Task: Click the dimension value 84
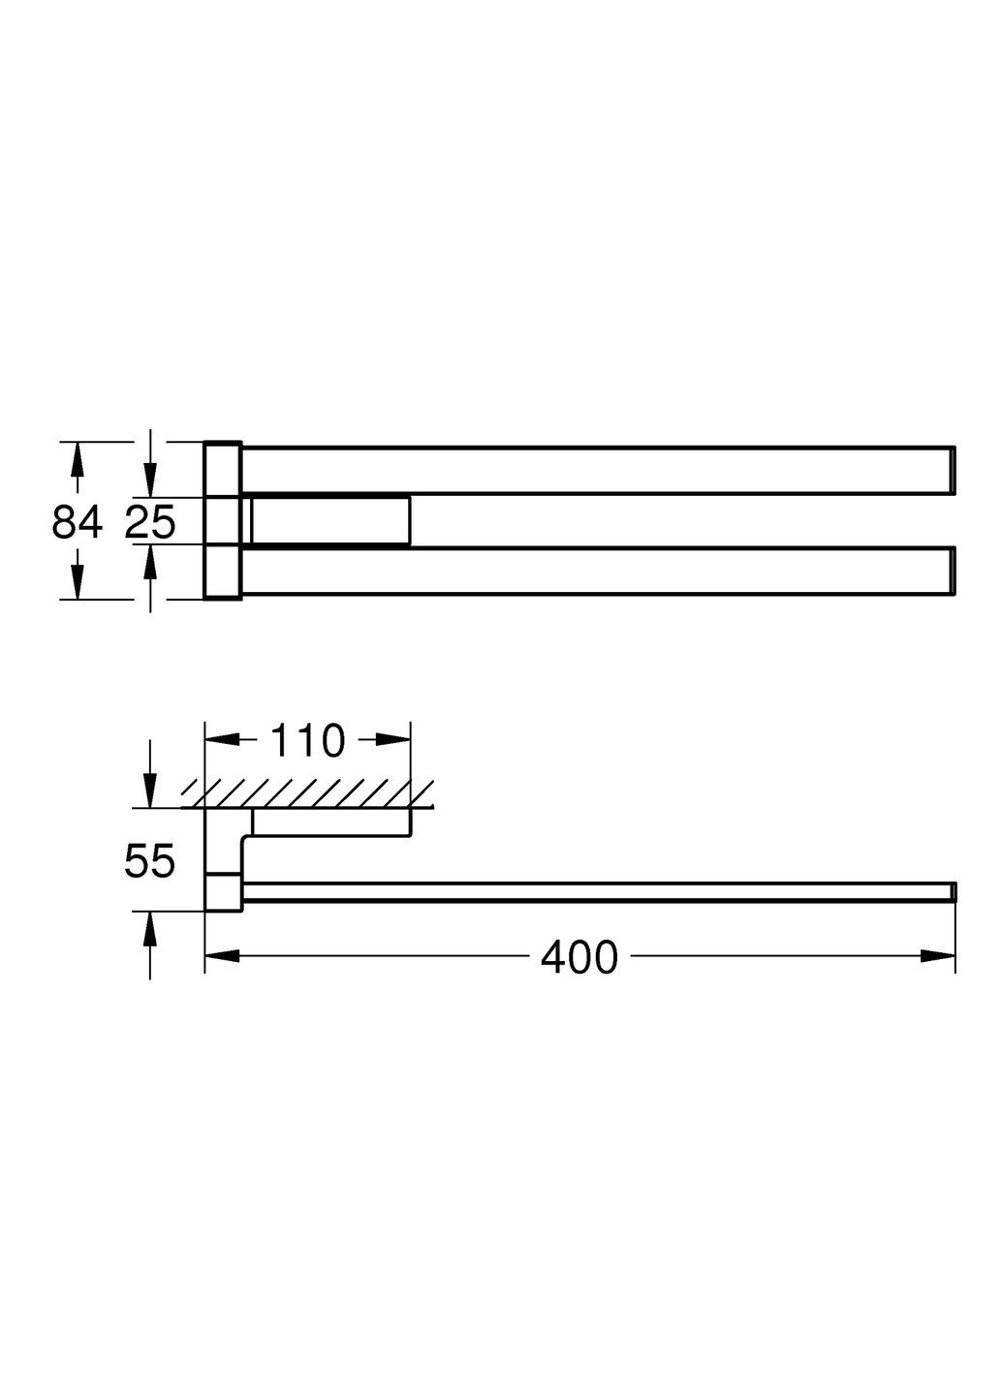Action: click(x=77, y=523)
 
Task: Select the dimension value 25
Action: click(x=150, y=523)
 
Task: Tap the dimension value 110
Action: click(x=306, y=741)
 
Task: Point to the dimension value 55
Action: click(x=150, y=860)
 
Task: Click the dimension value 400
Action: click(x=579, y=957)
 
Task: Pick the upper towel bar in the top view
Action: click(x=596, y=471)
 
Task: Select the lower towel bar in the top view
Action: click(x=596, y=572)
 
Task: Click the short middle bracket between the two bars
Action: click(x=329, y=521)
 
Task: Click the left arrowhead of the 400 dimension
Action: click(x=221, y=956)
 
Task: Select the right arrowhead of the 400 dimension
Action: click(x=938, y=956)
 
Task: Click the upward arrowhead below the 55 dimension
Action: click(x=150, y=930)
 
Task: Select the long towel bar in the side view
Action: click(x=596, y=892)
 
